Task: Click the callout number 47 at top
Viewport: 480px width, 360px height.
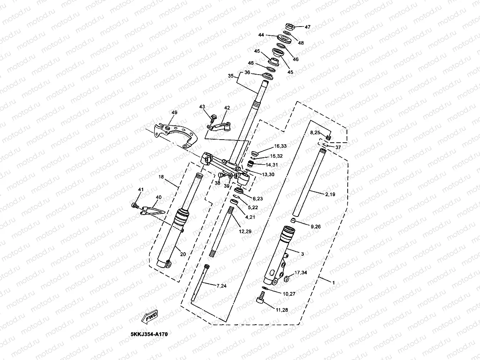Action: pos(307,27)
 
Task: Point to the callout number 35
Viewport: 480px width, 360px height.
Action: pos(231,76)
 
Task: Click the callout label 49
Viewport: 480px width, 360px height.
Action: pos(175,113)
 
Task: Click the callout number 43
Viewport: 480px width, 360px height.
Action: pos(202,107)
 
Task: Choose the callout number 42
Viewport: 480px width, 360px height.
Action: pos(227,108)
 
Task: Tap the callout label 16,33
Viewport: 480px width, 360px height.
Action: pos(280,146)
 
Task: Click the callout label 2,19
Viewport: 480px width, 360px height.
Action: pos(330,195)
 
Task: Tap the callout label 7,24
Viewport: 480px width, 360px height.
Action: pos(222,286)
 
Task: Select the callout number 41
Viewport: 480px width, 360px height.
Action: pos(140,190)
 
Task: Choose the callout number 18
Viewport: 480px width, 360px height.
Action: pos(161,177)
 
